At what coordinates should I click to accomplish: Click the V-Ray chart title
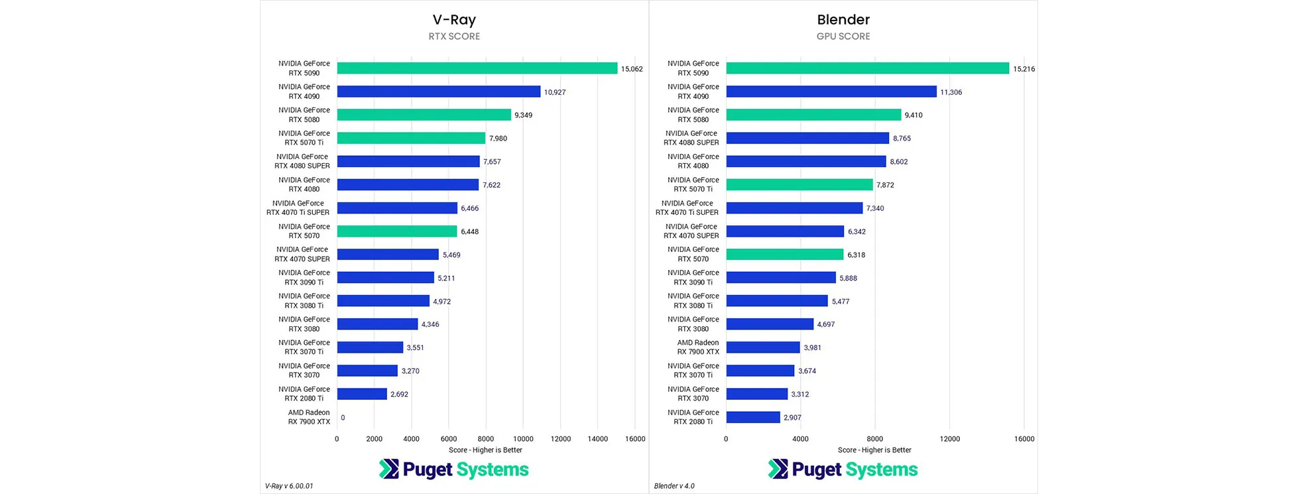[454, 20]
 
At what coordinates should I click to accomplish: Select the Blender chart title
[843, 20]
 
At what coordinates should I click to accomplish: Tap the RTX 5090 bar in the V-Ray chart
[477, 68]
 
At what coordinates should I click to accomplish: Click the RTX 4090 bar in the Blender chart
[831, 92]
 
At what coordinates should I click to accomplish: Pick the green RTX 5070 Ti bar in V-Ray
[411, 138]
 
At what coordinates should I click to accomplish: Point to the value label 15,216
[1024, 69]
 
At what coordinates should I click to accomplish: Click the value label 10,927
[555, 92]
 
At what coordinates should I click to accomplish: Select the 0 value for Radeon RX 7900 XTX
[343, 418]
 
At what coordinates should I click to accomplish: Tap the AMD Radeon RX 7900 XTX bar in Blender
[763, 347]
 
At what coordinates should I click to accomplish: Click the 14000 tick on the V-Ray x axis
[598, 439]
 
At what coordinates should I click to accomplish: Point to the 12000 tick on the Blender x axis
[949, 439]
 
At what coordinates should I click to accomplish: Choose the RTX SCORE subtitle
[454, 36]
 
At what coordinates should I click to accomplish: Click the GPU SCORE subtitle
[843, 36]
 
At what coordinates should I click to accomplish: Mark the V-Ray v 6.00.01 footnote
[289, 486]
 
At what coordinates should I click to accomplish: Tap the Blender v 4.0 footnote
[674, 486]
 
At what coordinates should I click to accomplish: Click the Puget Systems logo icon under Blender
[778, 469]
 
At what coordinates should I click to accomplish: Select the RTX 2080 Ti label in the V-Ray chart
[304, 394]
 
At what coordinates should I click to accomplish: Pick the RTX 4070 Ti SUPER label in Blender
[687, 208]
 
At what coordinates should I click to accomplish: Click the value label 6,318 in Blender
[856, 255]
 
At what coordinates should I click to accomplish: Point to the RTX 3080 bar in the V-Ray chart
[377, 324]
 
